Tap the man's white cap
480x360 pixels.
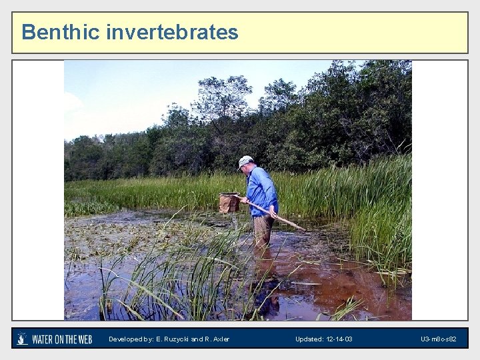pos(245,161)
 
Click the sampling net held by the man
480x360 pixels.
pos(229,203)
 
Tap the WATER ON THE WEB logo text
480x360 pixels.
pos(62,339)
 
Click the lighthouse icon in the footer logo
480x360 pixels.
pos(23,339)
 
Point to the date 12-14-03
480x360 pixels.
pos(338,339)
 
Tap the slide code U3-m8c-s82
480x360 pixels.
pos(438,339)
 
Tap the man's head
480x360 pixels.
pos(246,164)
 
